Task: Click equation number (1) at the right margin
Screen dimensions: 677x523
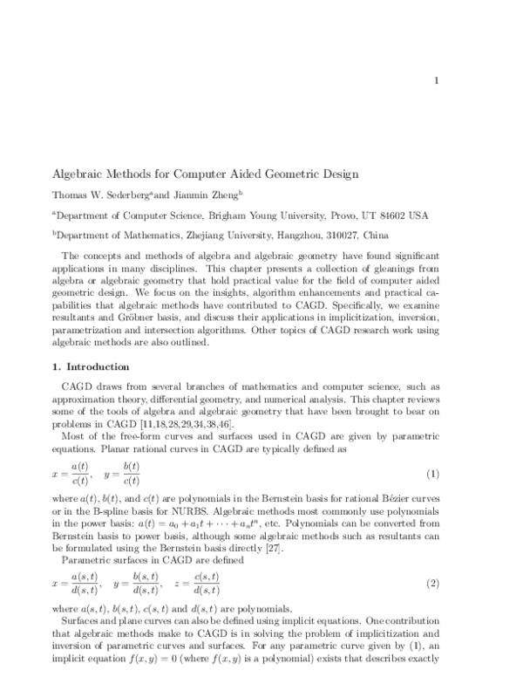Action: click(x=454, y=474)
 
